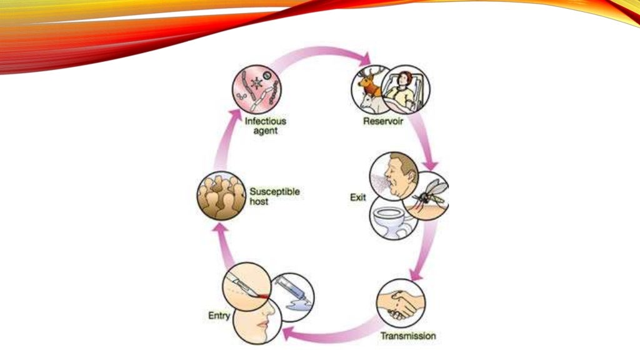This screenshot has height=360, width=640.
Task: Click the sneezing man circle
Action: point(394,176)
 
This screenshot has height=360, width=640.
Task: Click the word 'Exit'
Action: point(358,197)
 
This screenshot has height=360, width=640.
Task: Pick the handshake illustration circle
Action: point(401,303)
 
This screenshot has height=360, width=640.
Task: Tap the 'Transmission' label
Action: point(408,336)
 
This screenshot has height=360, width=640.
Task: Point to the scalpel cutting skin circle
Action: point(246,287)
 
